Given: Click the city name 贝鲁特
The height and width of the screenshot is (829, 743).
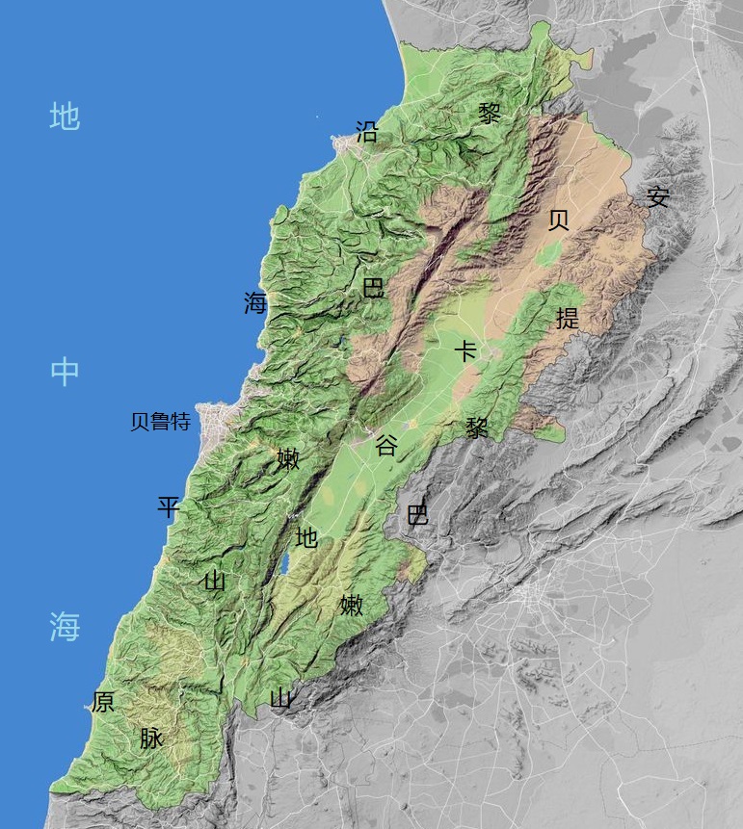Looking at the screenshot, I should point(160,422).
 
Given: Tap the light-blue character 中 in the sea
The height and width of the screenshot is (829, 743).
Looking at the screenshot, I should point(65,372).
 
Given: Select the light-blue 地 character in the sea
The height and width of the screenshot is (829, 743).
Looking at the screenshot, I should point(65,117).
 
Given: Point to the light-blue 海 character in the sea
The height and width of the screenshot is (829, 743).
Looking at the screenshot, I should point(65,627).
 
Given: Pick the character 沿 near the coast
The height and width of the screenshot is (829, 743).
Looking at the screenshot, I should point(367,132).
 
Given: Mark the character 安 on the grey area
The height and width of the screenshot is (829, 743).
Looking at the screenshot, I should point(658,197).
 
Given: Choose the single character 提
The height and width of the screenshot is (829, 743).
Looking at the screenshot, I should point(568,318).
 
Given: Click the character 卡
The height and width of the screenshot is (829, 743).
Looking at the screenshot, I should point(465,350).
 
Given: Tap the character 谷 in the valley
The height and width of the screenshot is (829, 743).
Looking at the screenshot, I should point(386,445).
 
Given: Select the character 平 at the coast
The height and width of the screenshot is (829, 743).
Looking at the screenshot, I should point(169,507).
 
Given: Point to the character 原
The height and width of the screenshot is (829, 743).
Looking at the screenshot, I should point(103,702).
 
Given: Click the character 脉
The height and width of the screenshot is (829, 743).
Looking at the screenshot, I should point(151,738).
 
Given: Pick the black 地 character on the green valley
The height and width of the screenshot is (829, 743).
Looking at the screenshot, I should point(306,537).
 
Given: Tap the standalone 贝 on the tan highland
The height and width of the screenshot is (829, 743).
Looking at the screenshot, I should point(558,220).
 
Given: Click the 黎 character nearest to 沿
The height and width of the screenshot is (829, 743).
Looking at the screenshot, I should point(490,114).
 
